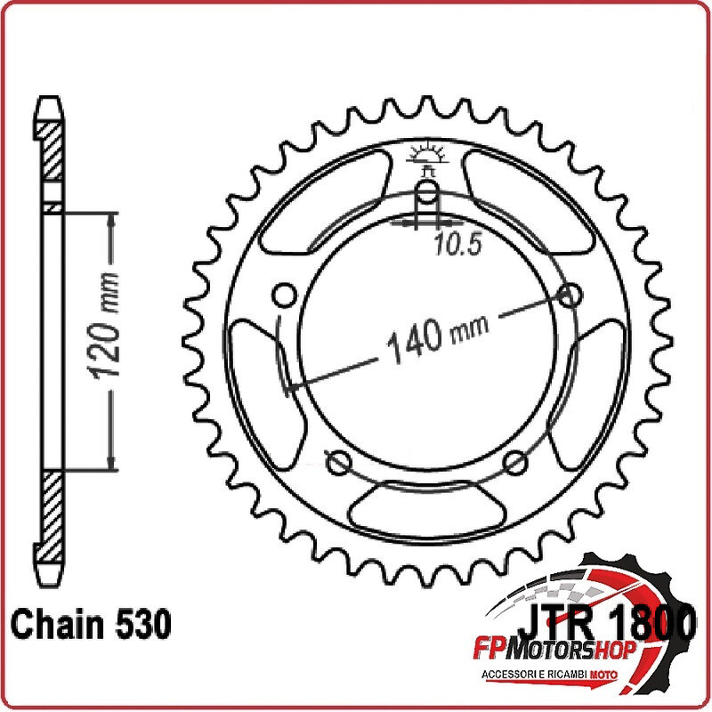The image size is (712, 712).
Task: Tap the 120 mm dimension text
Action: tap(106, 326)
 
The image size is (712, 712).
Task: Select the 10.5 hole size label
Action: tap(457, 245)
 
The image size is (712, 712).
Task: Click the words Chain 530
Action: tap(91, 624)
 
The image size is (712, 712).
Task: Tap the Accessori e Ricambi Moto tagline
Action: tap(549, 675)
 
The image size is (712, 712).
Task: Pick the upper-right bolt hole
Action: tap(570, 295)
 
